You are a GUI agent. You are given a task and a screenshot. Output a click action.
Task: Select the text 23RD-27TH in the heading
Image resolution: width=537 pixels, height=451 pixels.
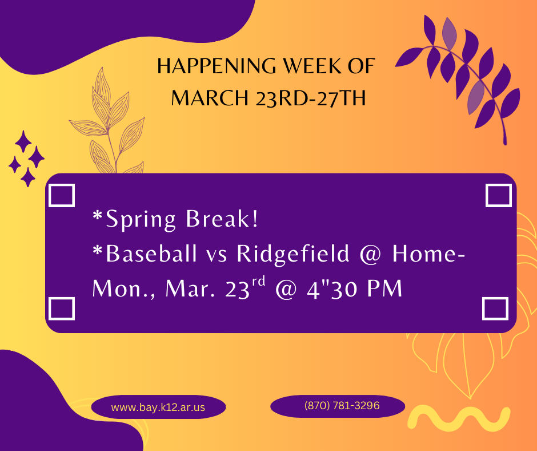(311, 98)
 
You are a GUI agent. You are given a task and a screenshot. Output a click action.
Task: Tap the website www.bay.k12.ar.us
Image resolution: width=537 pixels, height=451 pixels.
(158, 408)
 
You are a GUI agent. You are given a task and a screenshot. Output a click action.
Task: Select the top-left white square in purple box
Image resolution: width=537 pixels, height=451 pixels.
(62, 195)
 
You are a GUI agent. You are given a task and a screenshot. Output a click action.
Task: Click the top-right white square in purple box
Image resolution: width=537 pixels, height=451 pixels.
(498, 195)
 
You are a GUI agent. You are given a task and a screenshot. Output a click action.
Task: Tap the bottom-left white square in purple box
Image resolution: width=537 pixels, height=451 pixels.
(62, 308)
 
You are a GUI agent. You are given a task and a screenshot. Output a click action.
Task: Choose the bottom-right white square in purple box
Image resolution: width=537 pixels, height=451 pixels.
(495, 308)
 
